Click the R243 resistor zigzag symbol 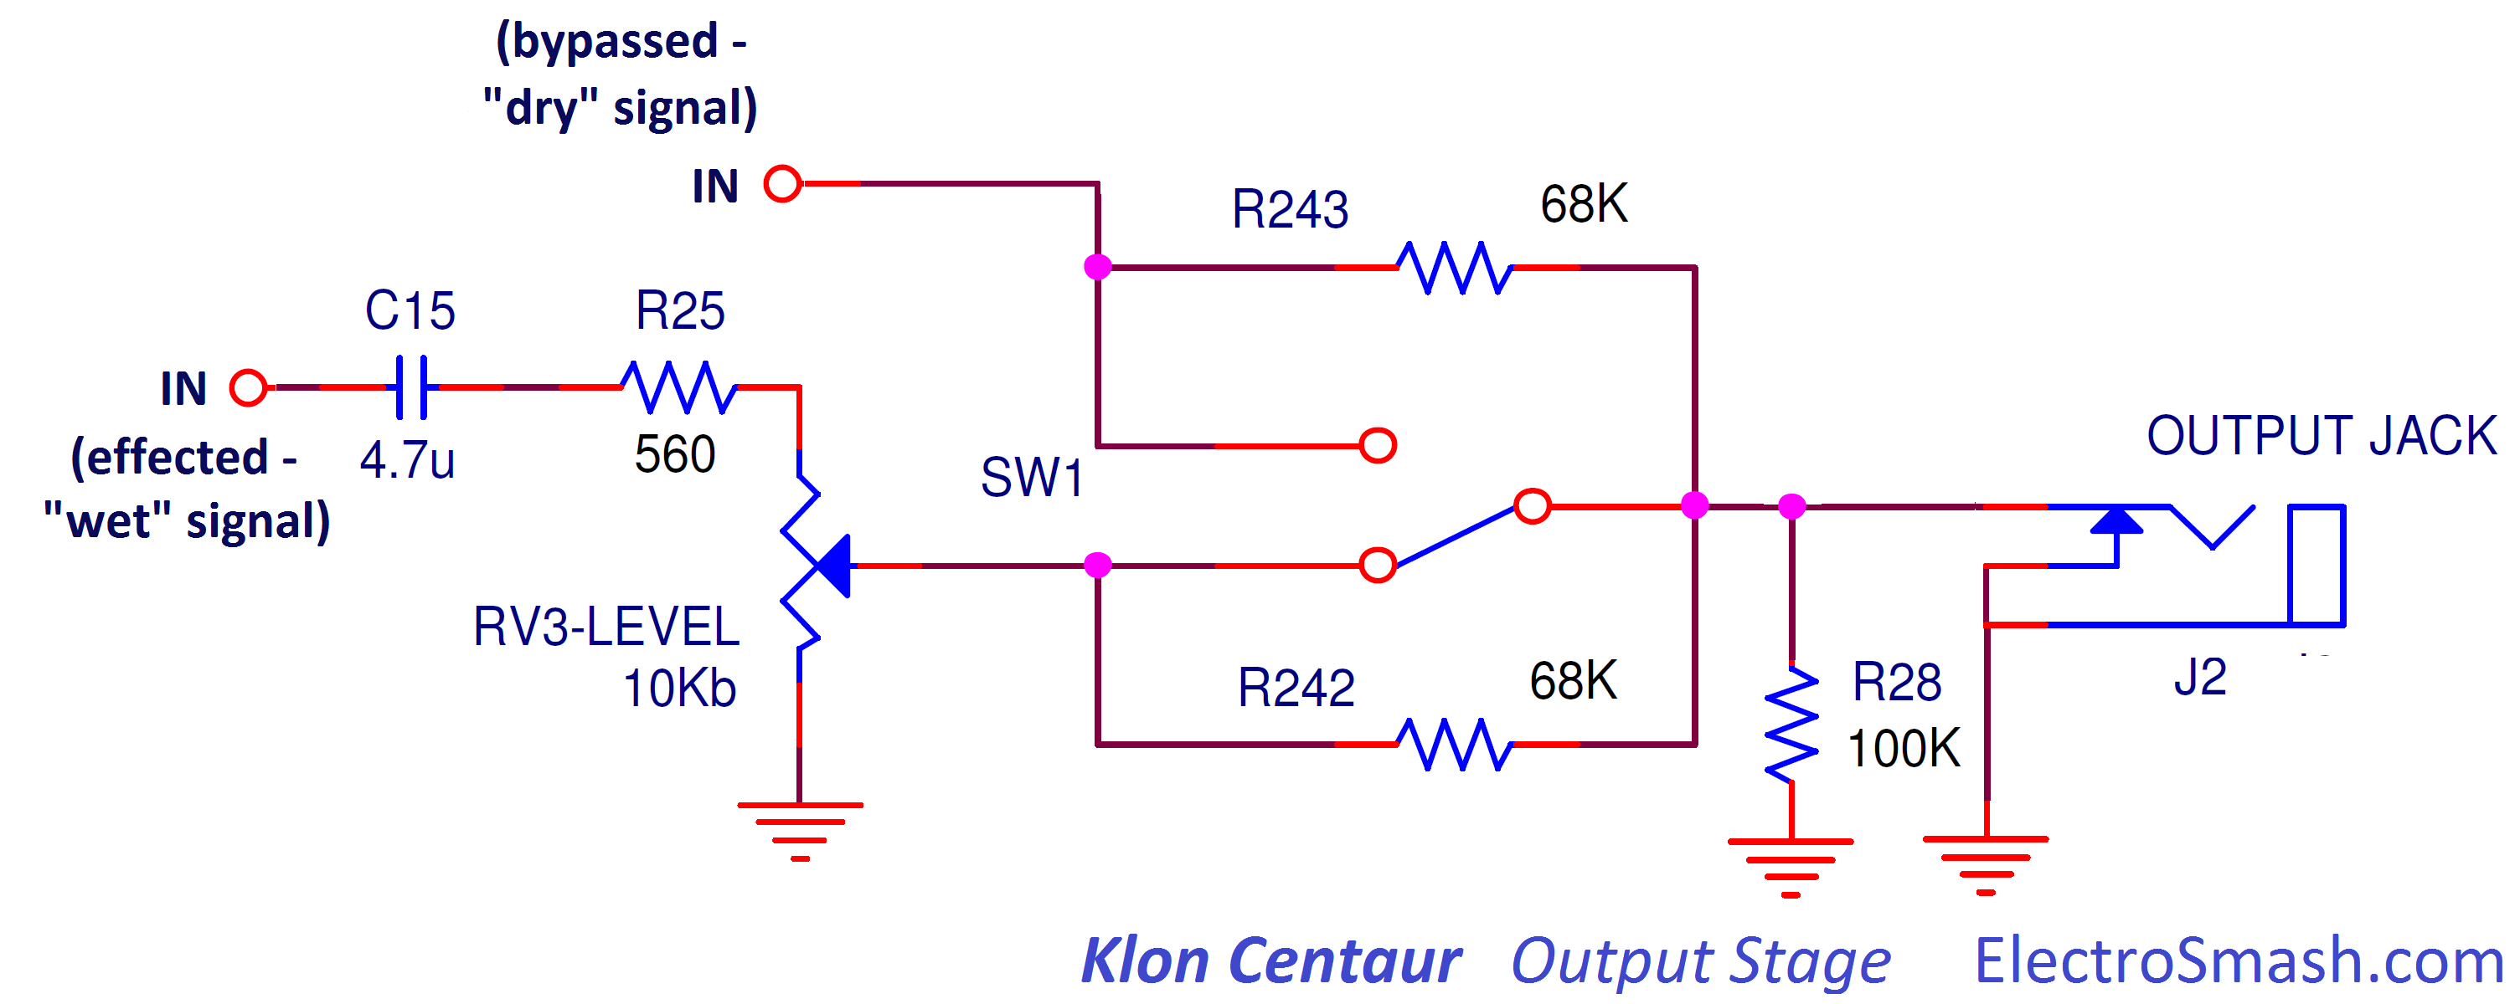click(1454, 267)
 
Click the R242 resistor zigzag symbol click(1454, 745)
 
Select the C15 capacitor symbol click(412, 388)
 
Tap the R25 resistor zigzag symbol click(679, 388)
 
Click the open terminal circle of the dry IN click(782, 184)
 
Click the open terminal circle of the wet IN click(249, 388)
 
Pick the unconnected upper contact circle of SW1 click(1378, 446)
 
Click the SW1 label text click(1032, 478)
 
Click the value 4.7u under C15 click(407, 460)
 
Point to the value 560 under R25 click(675, 454)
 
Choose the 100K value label click(1904, 749)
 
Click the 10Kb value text click(679, 689)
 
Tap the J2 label click(2200, 677)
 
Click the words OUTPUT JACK click(2322, 436)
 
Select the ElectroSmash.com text click(2239, 961)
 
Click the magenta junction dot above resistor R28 click(1791, 506)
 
